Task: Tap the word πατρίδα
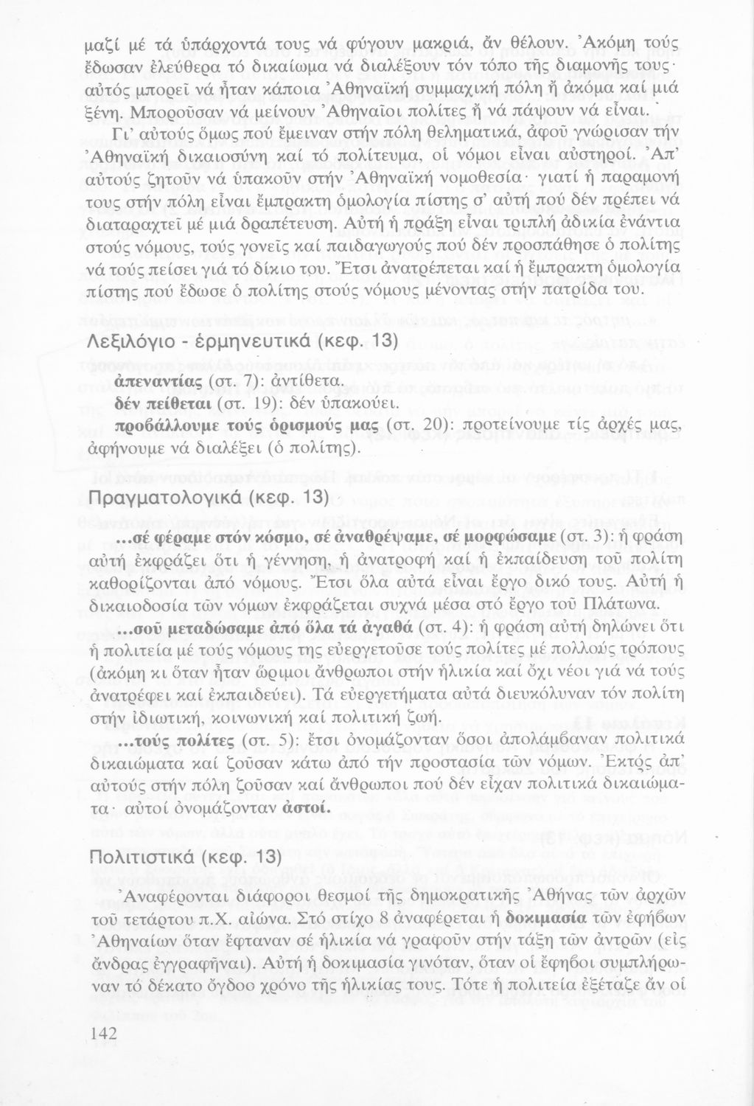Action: [579, 293]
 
